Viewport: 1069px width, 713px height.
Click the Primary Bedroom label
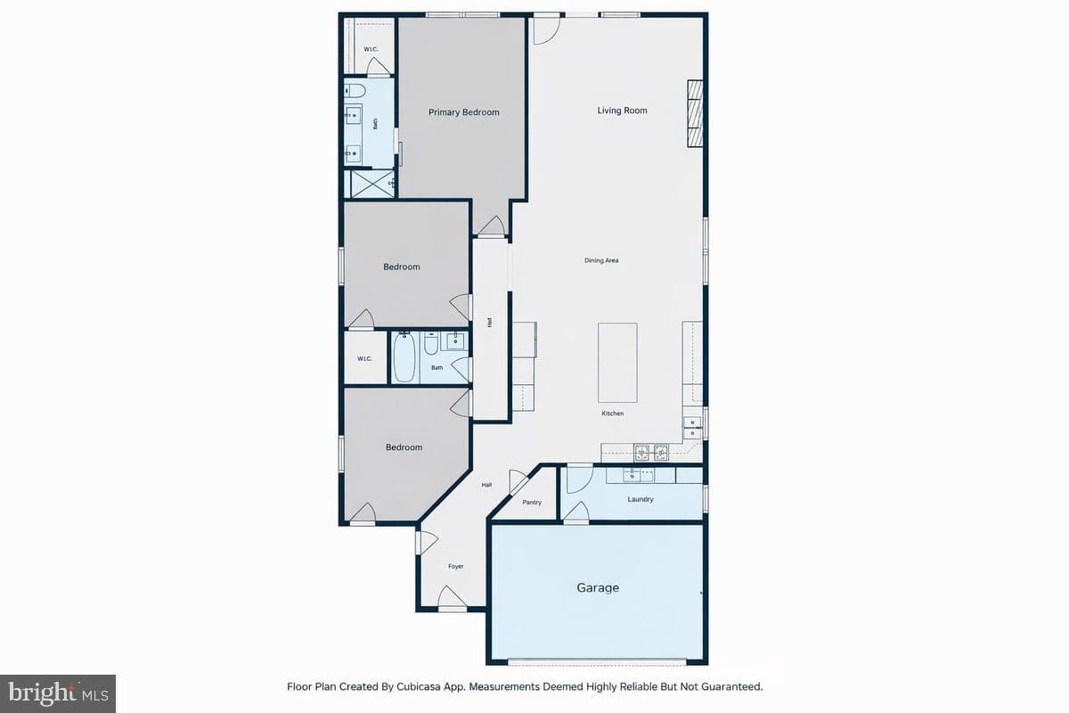pyautogui.click(x=463, y=112)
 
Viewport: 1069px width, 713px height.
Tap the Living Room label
pyautogui.click(x=623, y=111)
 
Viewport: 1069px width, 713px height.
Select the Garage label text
pyautogui.click(x=598, y=587)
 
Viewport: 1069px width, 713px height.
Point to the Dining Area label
pyautogui.click(x=601, y=260)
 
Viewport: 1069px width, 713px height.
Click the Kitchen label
pyautogui.click(x=612, y=413)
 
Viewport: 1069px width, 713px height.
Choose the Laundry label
pyautogui.click(x=641, y=499)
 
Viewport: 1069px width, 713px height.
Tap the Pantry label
pyautogui.click(x=532, y=502)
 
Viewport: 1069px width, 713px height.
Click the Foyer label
pyautogui.click(x=456, y=566)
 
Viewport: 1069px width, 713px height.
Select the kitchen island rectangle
pyautogui.click(x=617, y=363)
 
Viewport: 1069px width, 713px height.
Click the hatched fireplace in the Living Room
pyautogui.click(x=695, y=113)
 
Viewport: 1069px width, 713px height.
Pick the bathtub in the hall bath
pyautogui.click(x=404, y=357)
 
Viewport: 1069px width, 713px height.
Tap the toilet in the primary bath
pyautogui.click(x=355, y=90)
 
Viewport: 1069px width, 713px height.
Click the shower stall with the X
pyautogui.click(x=371, y=184)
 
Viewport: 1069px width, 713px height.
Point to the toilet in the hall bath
pyautogui.click(x=431, y=342)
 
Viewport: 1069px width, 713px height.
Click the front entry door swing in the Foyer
pyautogui.click(x=452, y=598)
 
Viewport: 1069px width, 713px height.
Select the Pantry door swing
pyautogui.click(x=518, y=481)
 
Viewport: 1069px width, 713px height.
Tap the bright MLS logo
pyautogui.click(x=58, y=694)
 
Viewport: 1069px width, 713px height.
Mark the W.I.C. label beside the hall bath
pyautogui.click(x=364, y=358)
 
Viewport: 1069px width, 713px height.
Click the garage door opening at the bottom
pyautogui.click(x=597, y=662)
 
